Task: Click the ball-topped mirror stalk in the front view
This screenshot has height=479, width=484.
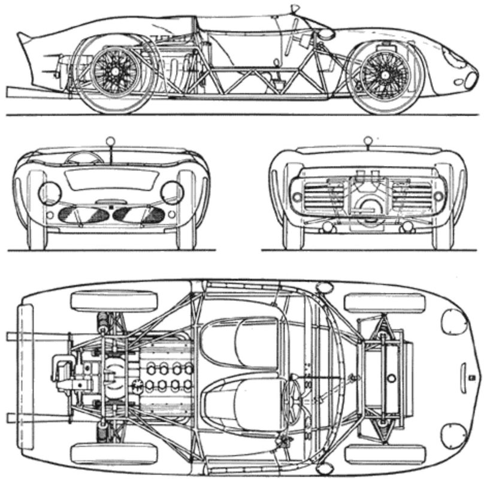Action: pos(110,142)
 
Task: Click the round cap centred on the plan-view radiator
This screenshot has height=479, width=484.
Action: pos(391,378)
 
